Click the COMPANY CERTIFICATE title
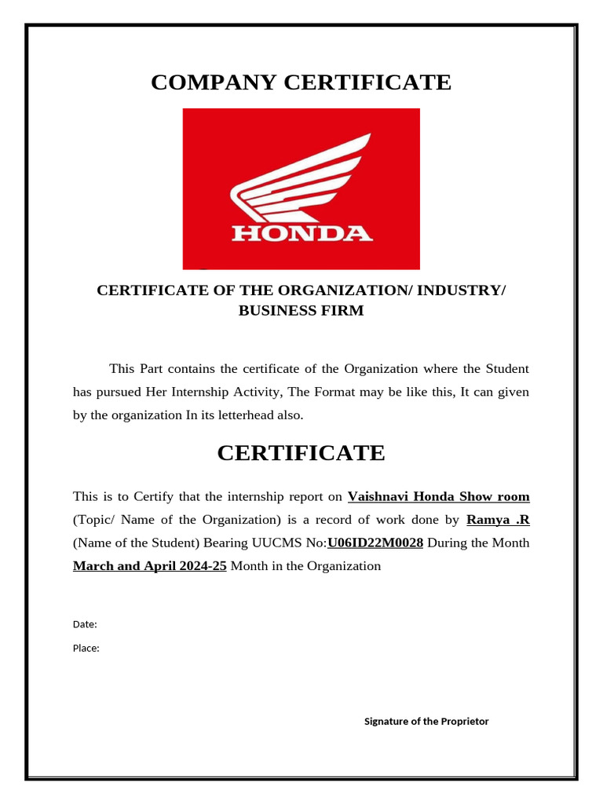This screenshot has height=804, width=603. (301, 82)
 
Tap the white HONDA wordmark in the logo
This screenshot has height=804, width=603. (301, 233)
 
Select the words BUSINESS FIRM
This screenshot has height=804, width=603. (301, 311)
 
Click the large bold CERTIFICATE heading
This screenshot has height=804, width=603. (301, 453)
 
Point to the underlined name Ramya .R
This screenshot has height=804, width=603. (498, 520)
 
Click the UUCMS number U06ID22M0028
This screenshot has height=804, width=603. (375, 543)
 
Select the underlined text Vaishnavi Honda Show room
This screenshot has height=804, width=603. (438, 496)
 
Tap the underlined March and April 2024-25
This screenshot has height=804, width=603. (150, 566)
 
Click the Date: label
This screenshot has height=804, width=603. (85, 624)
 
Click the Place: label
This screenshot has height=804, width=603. (86, 649)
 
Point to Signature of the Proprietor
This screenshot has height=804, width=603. (426, 721)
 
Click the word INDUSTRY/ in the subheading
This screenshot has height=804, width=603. (462, 291)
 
